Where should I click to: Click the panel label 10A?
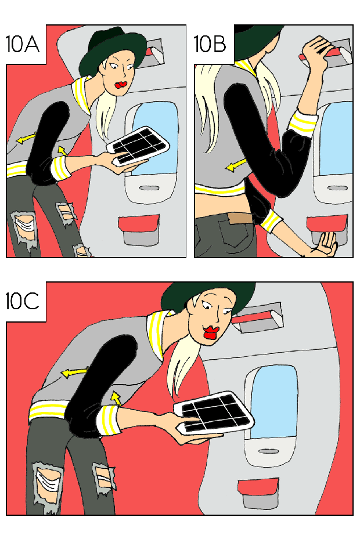[x=23, y=44]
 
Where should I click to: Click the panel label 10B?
[x=210, y=44]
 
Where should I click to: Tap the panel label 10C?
[x=23, y=302]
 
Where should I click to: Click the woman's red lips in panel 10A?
[x=121, y=84]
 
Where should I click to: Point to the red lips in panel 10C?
[x=211, y=332]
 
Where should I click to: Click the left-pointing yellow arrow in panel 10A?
[x=27, y=138]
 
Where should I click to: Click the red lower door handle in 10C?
[x=258, y=487]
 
